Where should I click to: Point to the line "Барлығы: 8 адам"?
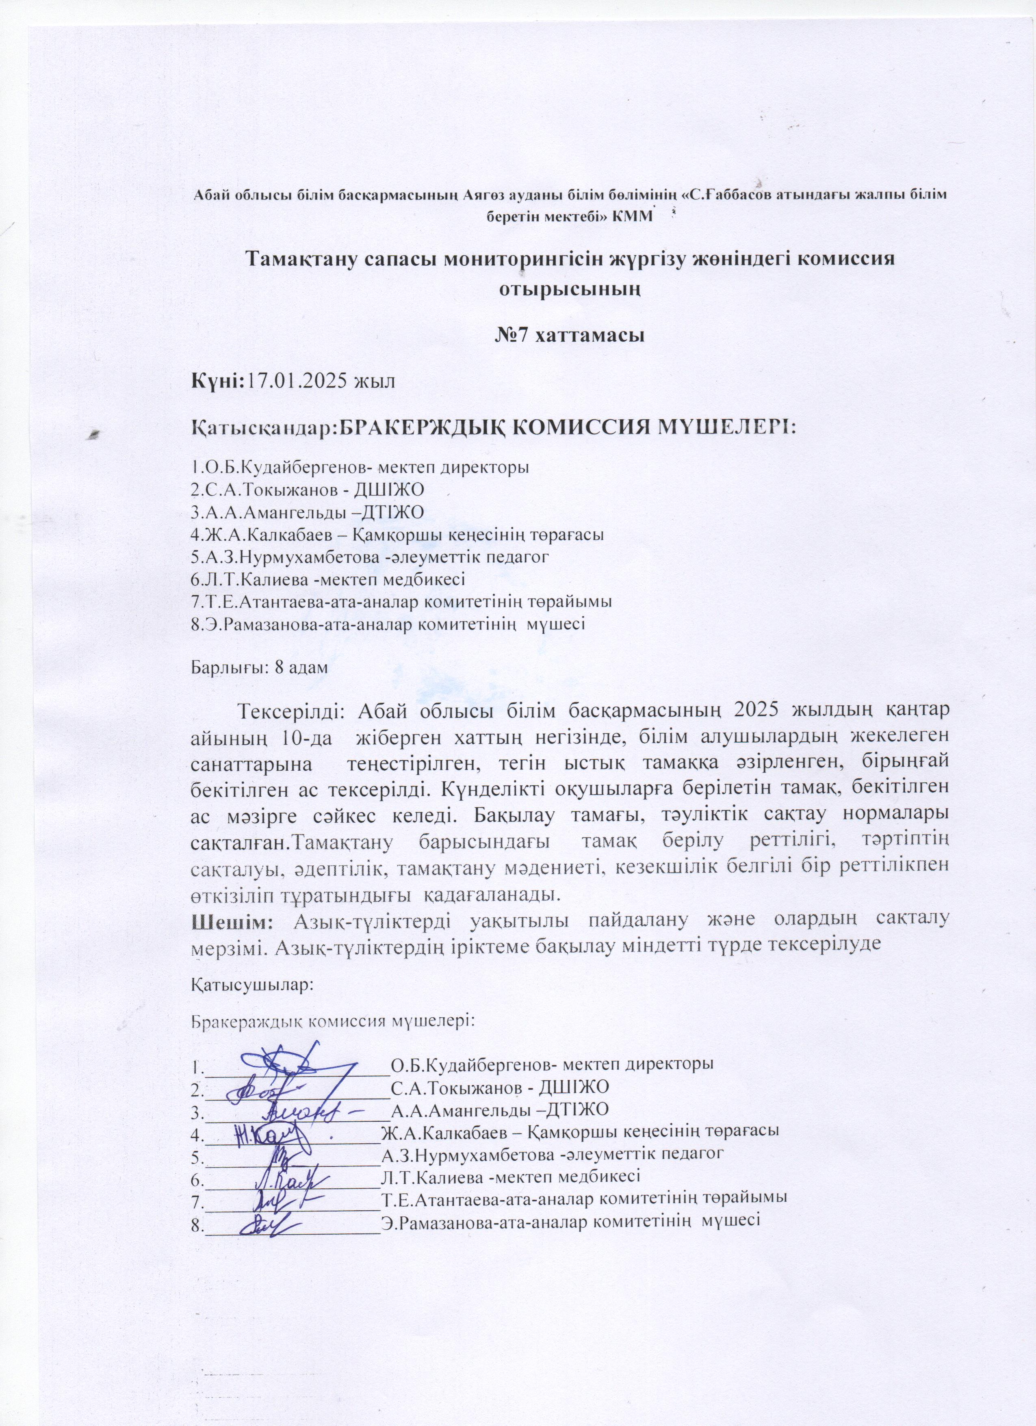(x=259, y=668)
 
